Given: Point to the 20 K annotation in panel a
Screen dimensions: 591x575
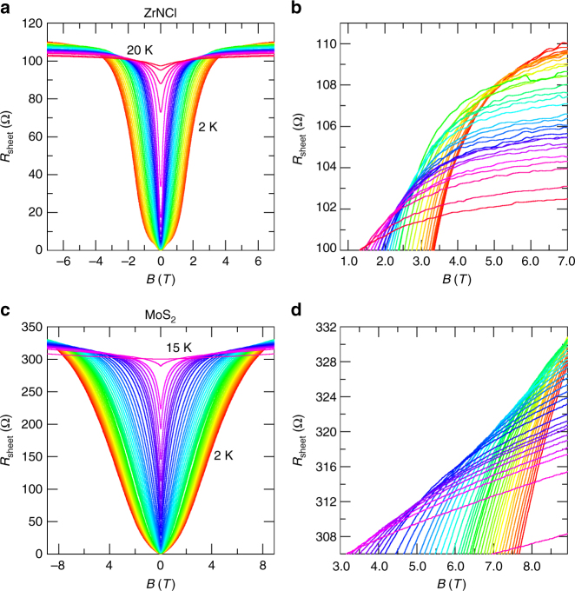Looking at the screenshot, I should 142,51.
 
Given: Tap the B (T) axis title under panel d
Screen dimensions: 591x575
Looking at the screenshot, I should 450,581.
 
